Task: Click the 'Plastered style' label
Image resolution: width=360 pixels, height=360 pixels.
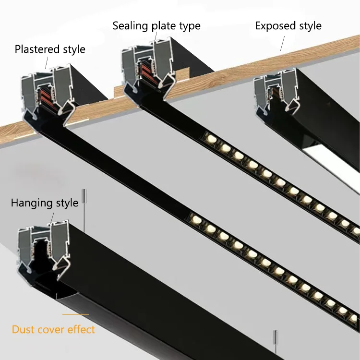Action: pyautogui.click(x=50, y=49)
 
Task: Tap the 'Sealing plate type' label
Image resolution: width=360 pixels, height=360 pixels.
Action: pyautogui.click(x=156, y=25)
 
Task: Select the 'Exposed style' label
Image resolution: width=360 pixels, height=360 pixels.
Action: pyautogui.click(x=288, y=25)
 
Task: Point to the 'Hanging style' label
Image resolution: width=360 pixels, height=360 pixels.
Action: pyautogui.click(x=44, y=203)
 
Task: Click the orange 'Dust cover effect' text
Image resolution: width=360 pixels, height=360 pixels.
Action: pyautogui.click(x=53, y=329)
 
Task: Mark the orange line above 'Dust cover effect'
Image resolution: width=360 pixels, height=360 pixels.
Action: pyautogui.click(x=75, y=315)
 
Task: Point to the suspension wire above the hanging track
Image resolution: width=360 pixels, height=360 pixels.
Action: pyautogui.click(x=85, y=211)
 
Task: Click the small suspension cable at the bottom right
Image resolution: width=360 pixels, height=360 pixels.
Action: pyautogui.click(x=276, y=343)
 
